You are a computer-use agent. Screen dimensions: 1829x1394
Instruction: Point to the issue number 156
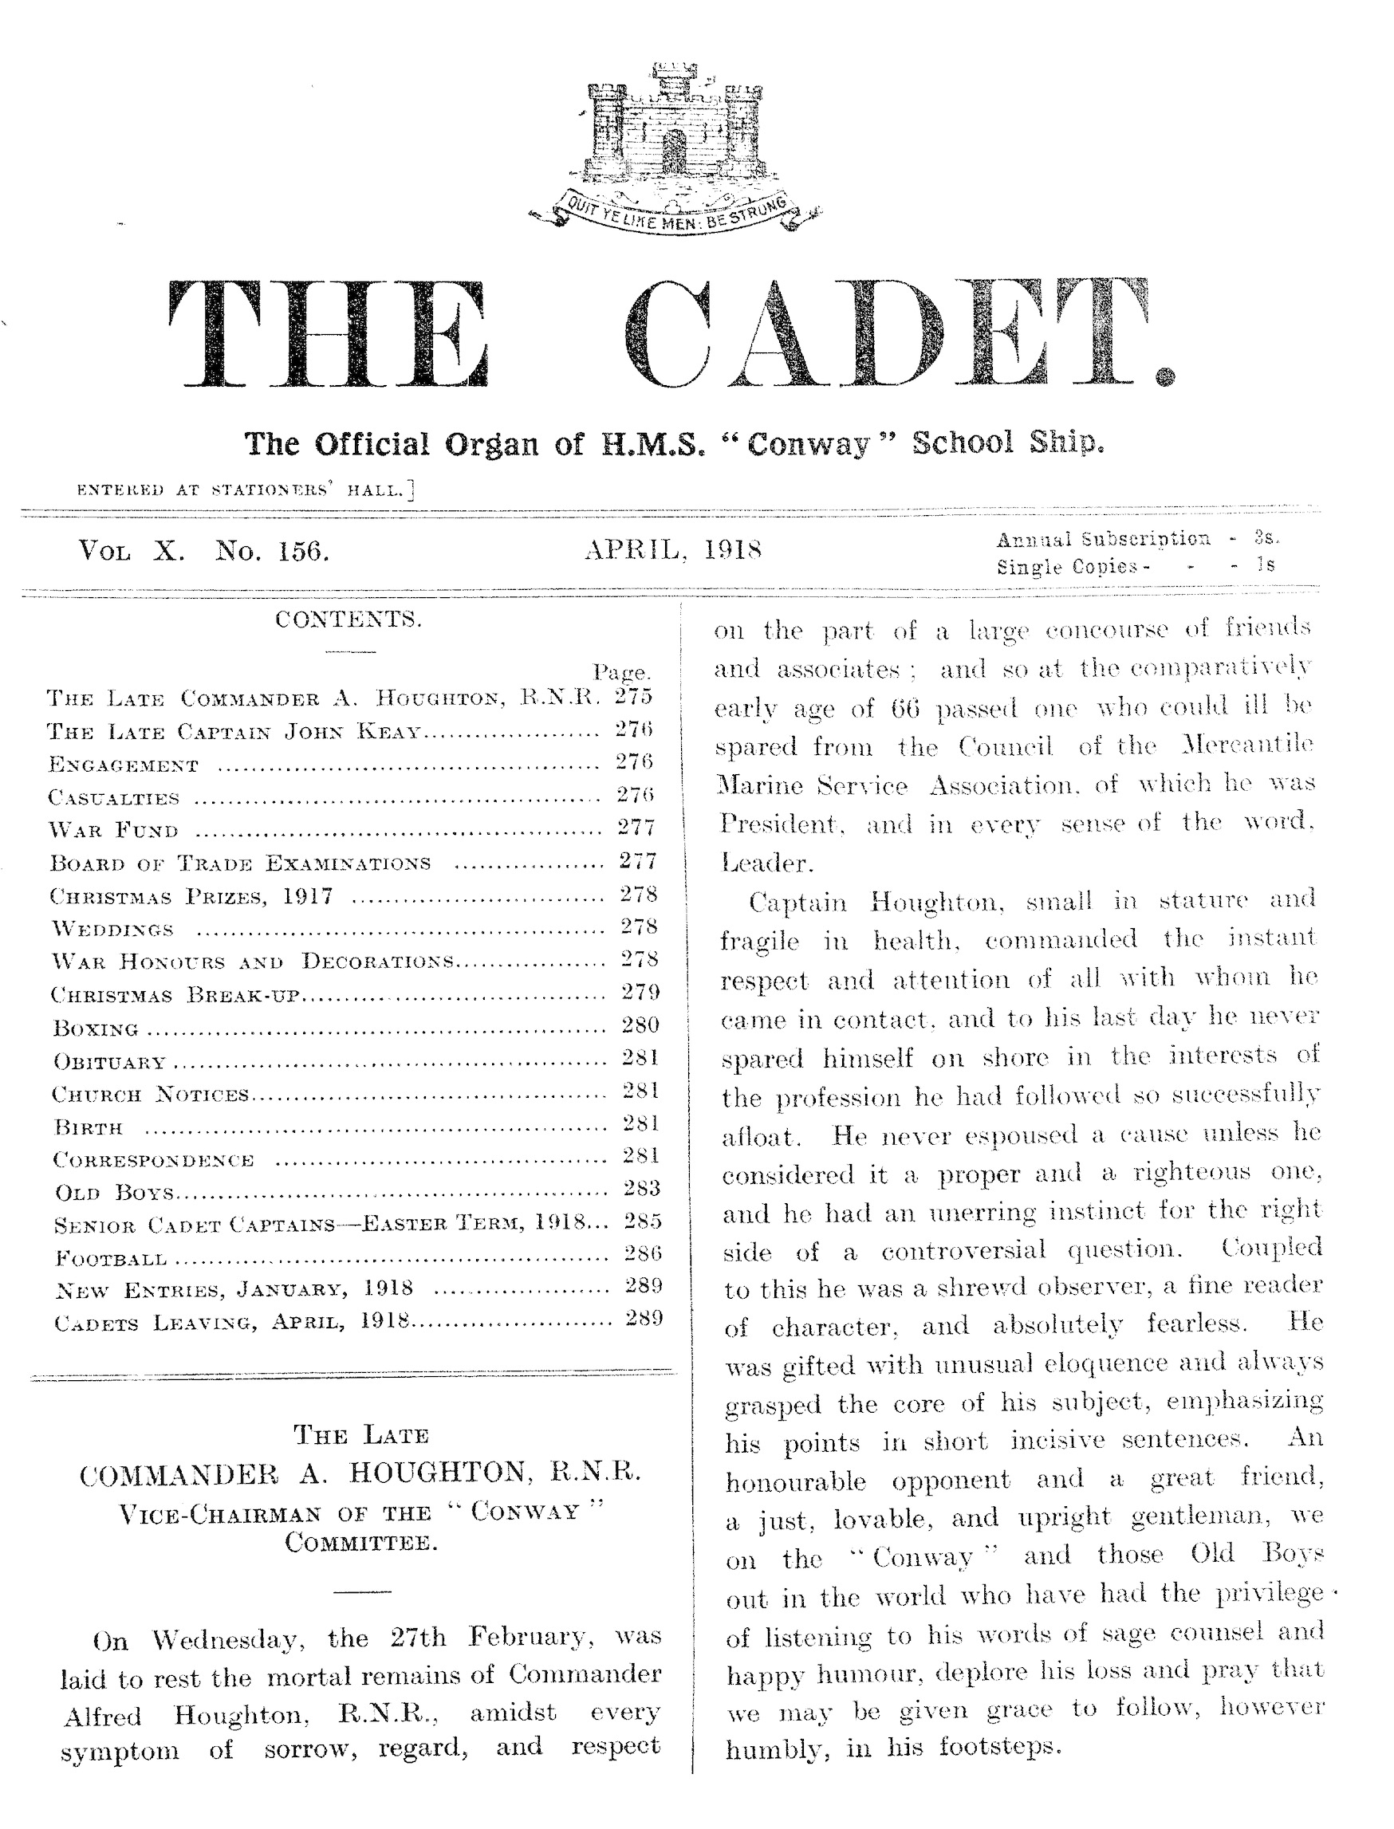(x=303, y=551)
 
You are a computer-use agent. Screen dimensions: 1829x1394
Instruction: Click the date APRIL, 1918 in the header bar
(x=674, y=549)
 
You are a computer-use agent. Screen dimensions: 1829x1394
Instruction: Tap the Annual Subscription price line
(x=1136, y=539)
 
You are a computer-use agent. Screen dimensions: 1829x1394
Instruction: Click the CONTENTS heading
(x=348, y=619)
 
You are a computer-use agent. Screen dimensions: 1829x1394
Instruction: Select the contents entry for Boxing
(x=96, y=1029)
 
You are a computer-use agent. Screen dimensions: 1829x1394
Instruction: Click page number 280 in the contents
(x=640, y=1025)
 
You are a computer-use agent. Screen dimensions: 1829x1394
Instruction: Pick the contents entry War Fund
(x=114, y=830)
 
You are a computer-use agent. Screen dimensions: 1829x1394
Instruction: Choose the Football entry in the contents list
(x=111, y=1259)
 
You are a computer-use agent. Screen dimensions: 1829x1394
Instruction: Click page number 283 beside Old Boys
(x=641, y=1189)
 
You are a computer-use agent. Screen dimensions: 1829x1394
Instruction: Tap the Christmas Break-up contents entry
(x=174, y=995)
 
